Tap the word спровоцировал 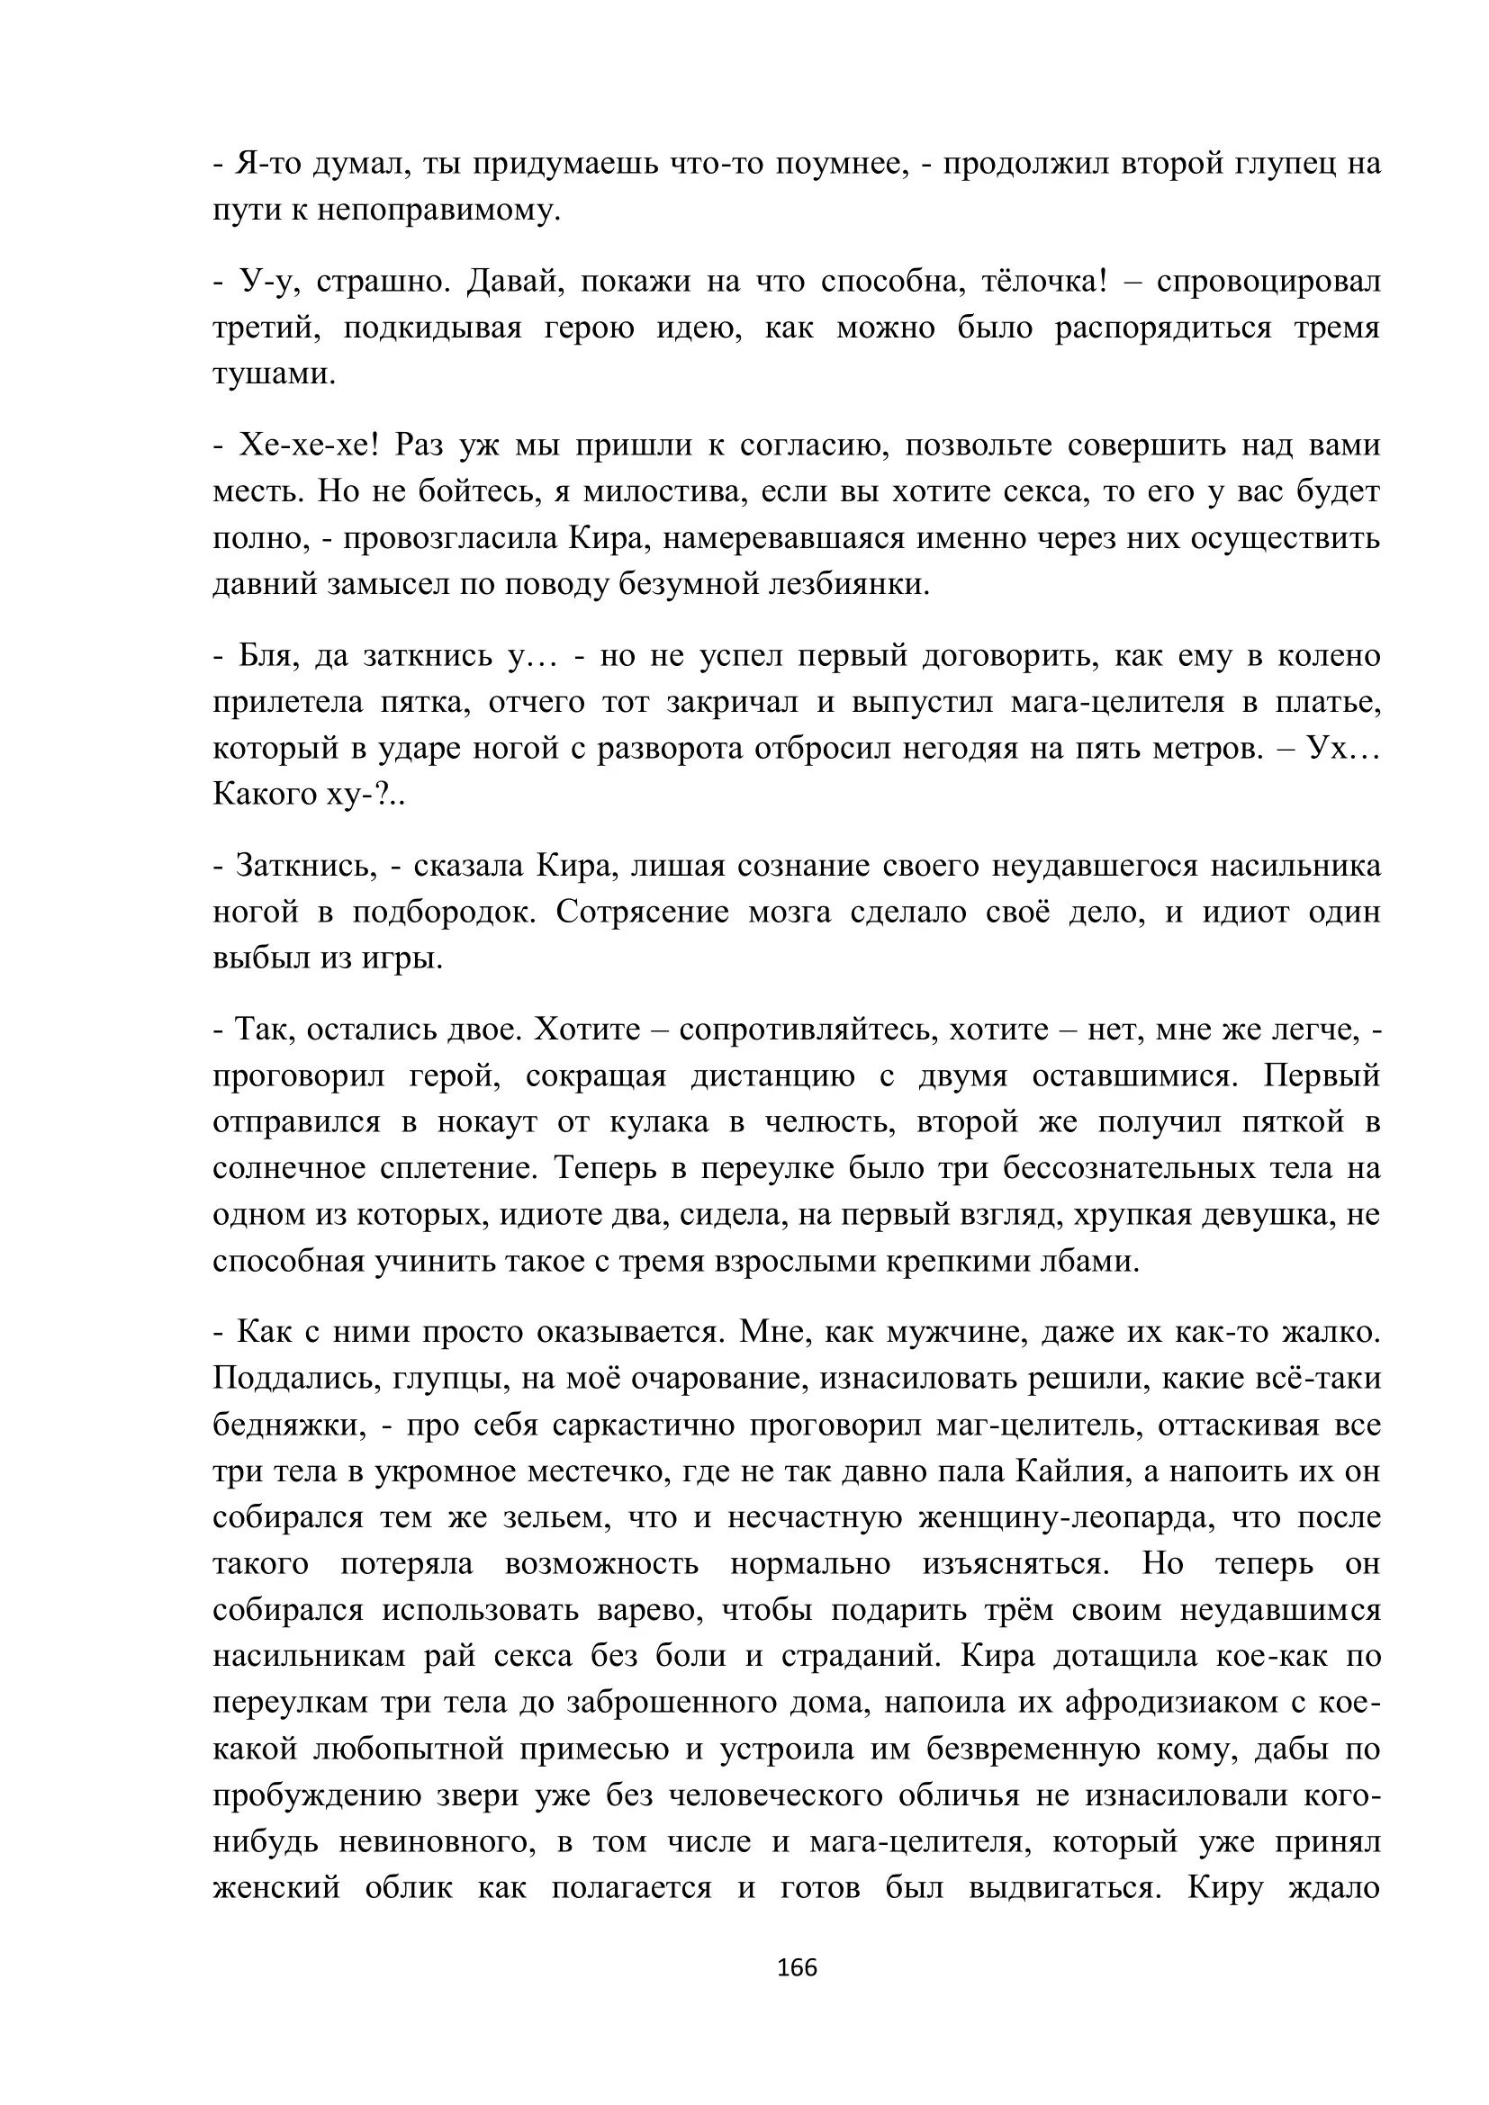1268,281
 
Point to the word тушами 275,374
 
